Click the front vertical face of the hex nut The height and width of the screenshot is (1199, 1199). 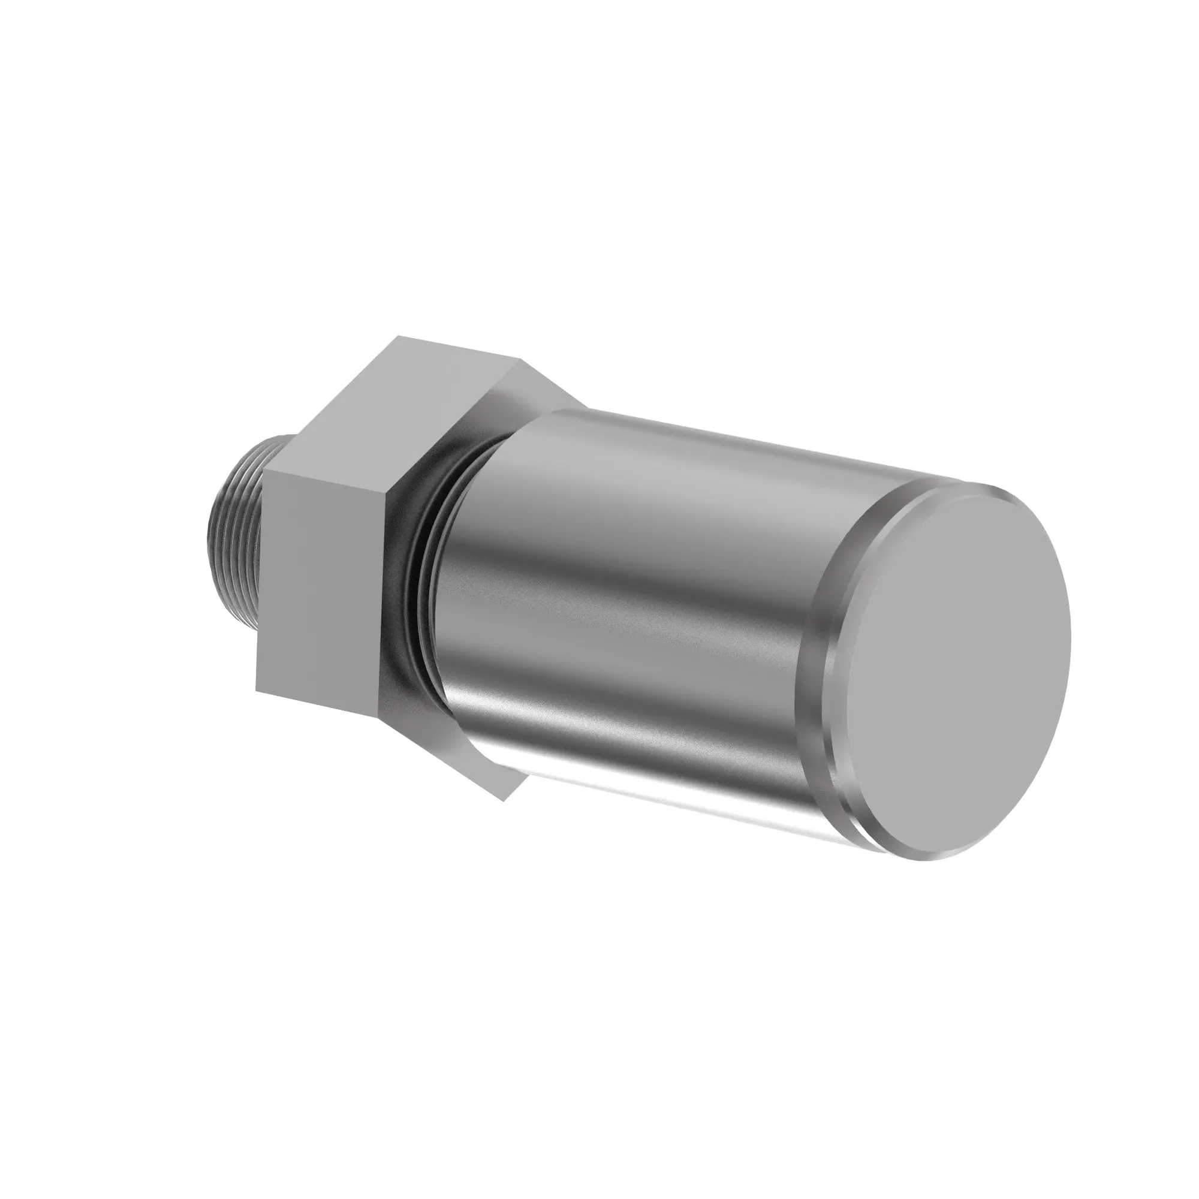pyautogui.click(x=323, y=589)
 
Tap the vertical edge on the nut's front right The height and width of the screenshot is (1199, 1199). pyautogui.click(x=386, y=596)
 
